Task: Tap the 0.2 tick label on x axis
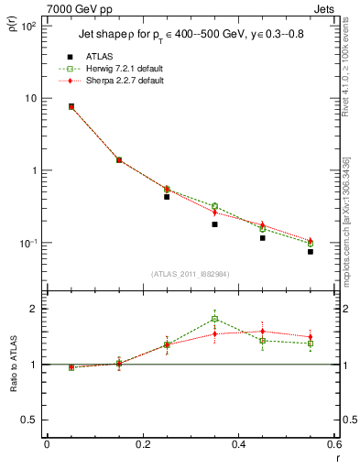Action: [x=143, y=446]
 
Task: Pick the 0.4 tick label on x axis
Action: [x=238, y=446]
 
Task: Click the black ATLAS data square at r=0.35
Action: [x=214, y=224]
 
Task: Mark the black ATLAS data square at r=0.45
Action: [x=262, y=238]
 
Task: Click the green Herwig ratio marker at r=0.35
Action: [x=214, y=319]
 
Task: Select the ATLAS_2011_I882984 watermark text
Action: [x=191, y=274]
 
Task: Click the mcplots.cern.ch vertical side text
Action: [x=345, y=220]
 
